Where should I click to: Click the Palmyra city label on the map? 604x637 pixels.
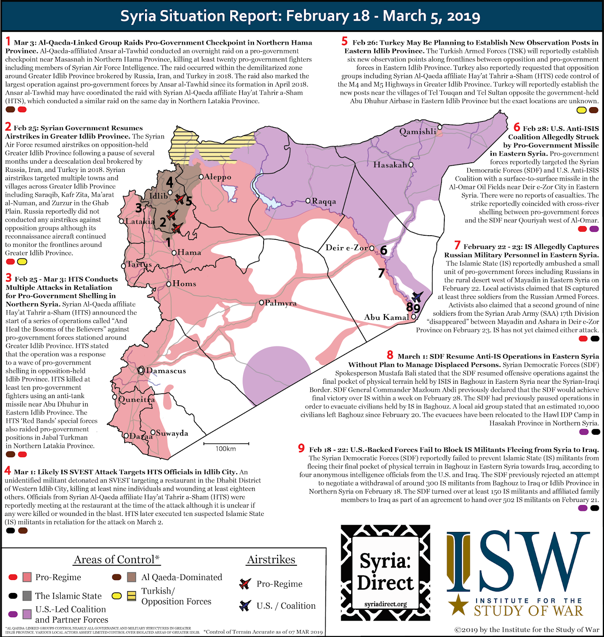[281, 303]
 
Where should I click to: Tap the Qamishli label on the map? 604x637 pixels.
[418, 132]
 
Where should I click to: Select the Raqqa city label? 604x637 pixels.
[324, 201]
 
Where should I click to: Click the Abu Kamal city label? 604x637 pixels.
[386, 317]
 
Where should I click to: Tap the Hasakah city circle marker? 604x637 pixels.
[411, 164]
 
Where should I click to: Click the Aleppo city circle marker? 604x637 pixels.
[201, 177]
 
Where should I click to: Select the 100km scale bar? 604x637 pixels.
[226, 444]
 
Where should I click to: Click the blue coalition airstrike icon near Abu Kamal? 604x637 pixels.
[417, 297]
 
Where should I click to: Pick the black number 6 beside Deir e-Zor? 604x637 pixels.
[383, 250]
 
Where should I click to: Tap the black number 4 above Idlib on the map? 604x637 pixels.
[170, 182]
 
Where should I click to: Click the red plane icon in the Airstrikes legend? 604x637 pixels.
[244, 584]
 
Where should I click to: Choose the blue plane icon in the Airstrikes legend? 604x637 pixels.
[244, 606]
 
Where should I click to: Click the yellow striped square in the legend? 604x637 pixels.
[132, 596]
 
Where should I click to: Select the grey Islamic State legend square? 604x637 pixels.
[27, 596]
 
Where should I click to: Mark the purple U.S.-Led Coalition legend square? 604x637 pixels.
[27, 614]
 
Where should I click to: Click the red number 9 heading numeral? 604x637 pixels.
[301, 448]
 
